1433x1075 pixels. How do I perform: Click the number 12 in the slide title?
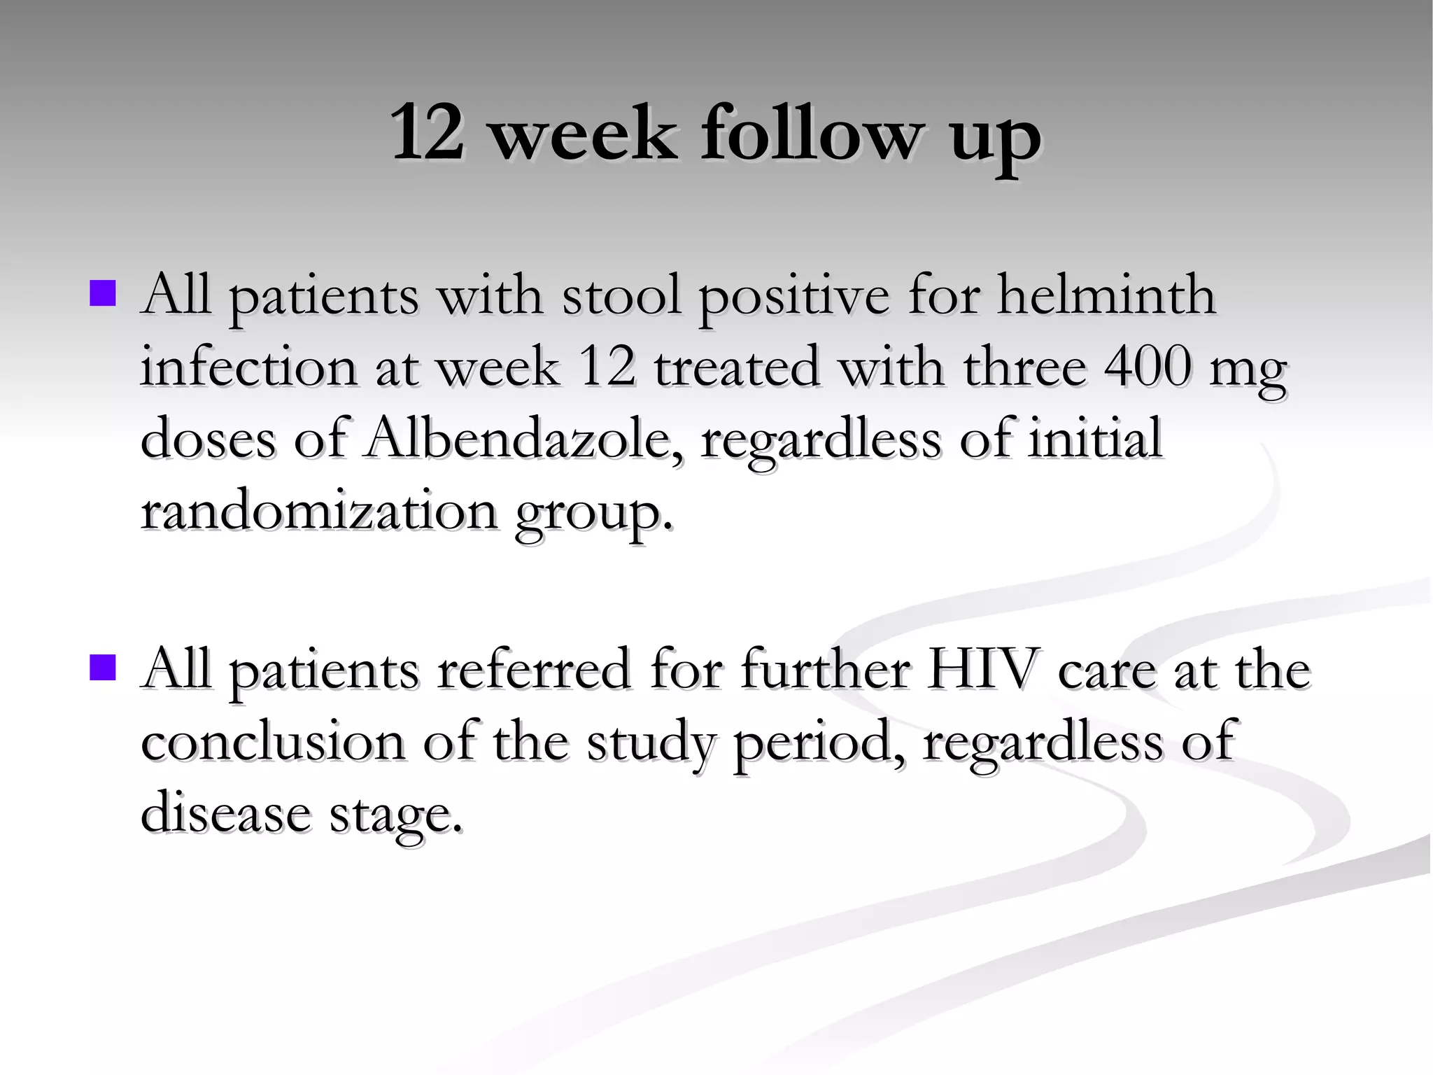click(428, 133)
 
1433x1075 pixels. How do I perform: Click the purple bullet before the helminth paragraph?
click(103, 294)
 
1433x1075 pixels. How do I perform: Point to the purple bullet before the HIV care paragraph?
click(103, 668)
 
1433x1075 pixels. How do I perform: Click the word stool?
click(621, 295)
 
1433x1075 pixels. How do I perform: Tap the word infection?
click(248, 367)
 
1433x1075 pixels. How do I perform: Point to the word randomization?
click(319, 511)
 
